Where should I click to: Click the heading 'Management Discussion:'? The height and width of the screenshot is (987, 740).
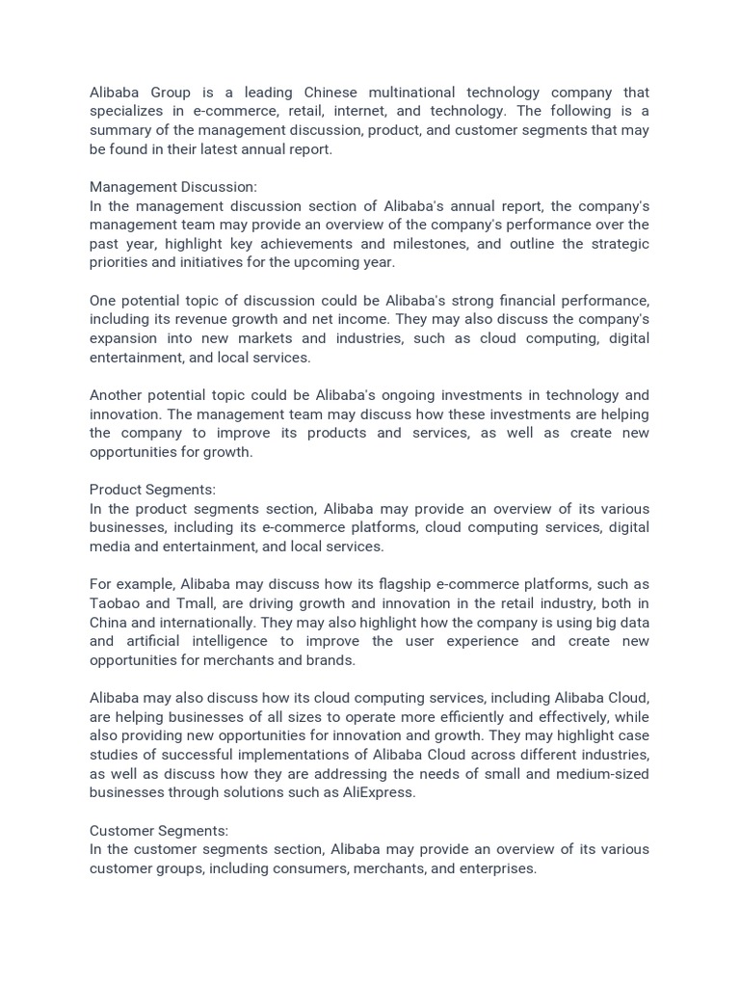pos(173,187)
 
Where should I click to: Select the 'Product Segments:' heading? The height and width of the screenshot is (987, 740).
pos(152,490)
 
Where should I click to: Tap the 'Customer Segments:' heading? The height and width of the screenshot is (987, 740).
pos(159,830)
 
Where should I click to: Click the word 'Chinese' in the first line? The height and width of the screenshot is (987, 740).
pos(330,93)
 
